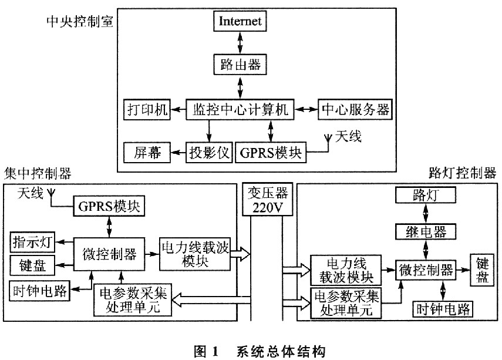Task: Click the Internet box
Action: pos(240,21)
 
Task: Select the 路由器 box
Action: pos(240,65)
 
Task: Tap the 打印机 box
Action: pos(147,110)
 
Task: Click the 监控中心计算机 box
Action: pos(240,110)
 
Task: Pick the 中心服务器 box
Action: pos(355,110)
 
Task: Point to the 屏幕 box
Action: pos(147,153)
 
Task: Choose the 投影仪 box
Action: pos(210,153)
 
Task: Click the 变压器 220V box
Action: pos(267,199)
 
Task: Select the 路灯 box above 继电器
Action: pos(426,195)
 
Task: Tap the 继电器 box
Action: pos(426,231)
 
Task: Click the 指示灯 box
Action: pos(32,242)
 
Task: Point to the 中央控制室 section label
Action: pos(80,22)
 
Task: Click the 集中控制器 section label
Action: pos(38,174)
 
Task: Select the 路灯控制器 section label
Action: pos(463,173)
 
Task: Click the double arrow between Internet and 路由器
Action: pos(240,43)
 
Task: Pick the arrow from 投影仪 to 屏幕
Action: pos(178,153)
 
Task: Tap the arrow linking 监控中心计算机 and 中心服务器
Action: pos(306,110)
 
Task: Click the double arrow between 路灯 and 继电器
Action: pos(426,214)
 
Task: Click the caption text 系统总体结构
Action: pos(281,352)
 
